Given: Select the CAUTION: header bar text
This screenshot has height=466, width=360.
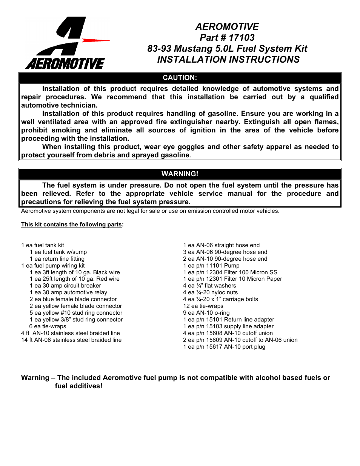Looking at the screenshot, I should point(180,78).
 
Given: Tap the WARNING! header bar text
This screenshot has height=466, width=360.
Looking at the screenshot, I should point(180,174).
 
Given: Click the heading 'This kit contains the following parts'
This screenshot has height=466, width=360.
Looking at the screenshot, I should point(71,225).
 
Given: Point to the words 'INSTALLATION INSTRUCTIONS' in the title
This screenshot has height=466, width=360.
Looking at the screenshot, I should point(228,60).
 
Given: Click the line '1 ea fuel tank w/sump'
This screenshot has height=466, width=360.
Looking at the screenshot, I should point(58,252).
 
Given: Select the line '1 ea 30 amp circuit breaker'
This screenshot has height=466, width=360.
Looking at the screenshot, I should point(65,286).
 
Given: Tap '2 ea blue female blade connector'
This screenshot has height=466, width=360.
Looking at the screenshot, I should point(73,299).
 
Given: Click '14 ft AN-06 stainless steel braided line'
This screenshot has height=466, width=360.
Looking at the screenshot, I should point(71,340).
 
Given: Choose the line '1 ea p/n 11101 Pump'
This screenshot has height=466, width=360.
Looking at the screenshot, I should point(211,266).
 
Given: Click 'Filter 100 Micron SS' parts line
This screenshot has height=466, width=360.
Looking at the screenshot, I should point(230,272).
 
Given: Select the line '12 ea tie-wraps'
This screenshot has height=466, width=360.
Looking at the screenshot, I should point(203,306).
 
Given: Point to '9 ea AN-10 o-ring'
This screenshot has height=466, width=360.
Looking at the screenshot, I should point(206,313).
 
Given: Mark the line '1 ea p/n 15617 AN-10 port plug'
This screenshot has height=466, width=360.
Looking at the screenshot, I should point(224,347).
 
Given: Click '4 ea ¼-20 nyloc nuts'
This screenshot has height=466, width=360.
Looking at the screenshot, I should point(210,292).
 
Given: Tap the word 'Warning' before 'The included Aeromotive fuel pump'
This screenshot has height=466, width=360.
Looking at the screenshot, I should point(35,378).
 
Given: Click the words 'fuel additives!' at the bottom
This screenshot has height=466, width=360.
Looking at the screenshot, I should point(78,386).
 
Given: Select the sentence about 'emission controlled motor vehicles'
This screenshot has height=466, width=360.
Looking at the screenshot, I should point(150,211).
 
